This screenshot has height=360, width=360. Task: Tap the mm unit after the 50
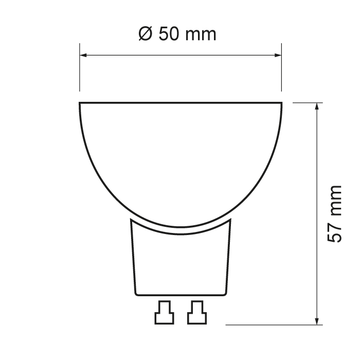point(201,35)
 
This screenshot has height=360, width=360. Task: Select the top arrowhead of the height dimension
point(318,107)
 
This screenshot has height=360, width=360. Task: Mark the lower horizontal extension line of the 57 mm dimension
point(273,325)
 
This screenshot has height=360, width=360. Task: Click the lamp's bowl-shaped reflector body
point(181,154)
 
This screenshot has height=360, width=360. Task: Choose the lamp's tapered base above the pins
point(180,260)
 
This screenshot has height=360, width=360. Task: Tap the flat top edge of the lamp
point(181,102)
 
